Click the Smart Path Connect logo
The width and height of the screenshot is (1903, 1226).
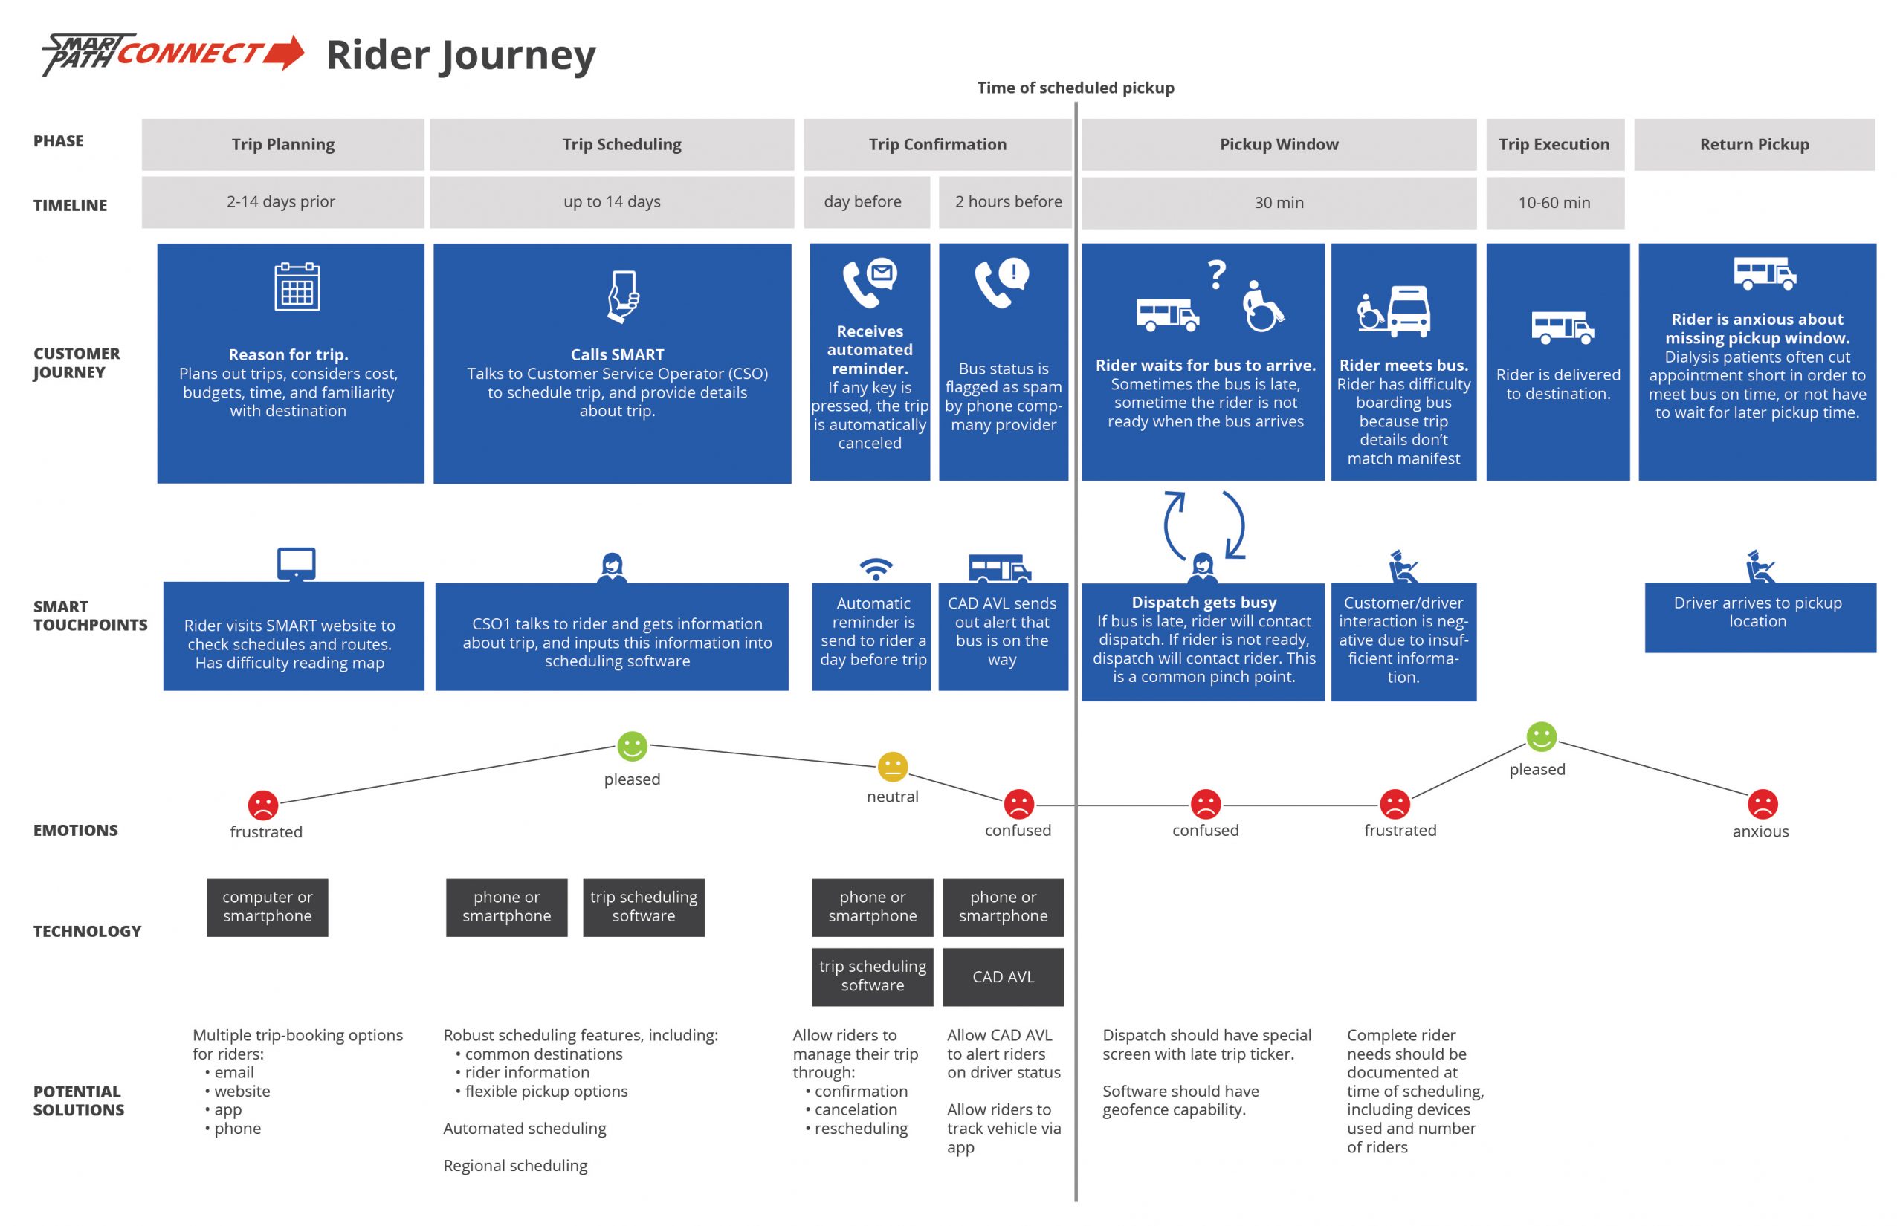[x=172, y=54]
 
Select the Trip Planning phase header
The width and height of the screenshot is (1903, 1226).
[x=282, y=144]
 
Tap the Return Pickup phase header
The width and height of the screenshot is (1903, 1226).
[x=1754, y=144]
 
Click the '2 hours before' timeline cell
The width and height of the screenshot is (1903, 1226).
[x=1007, y=202]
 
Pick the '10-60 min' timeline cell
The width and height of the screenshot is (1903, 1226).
[x=1554, y=202]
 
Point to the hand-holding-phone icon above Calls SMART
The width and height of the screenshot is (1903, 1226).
[x=623, y=296]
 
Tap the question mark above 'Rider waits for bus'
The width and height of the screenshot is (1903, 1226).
[x=1217, y=275]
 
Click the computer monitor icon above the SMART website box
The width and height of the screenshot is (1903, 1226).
[x=296, y=565]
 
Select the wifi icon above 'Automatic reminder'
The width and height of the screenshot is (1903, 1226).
[x=875, y=568]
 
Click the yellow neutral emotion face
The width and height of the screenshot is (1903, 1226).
[x=892, y=766]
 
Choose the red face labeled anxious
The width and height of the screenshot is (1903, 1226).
[x=1762, y=804]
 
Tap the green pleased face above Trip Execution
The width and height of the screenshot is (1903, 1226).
[x=1541, y=736]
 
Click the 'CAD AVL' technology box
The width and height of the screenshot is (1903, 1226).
[x=1003, y=977]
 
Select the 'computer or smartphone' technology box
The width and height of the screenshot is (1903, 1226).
[x=267, y=906]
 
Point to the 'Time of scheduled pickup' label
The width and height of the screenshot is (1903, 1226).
[x=1075, y=88]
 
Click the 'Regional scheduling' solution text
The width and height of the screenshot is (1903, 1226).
[x=515, y=1166]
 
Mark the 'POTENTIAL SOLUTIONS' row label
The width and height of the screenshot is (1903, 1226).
[x=78, y=1100]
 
